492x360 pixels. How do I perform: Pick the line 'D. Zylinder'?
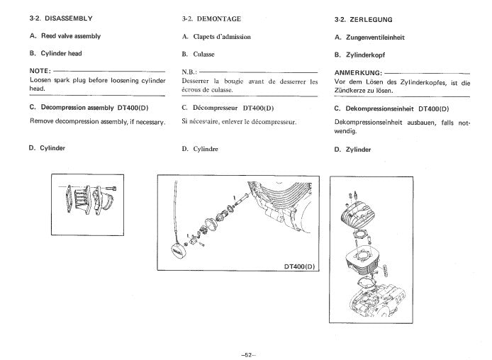tap(352, 150)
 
